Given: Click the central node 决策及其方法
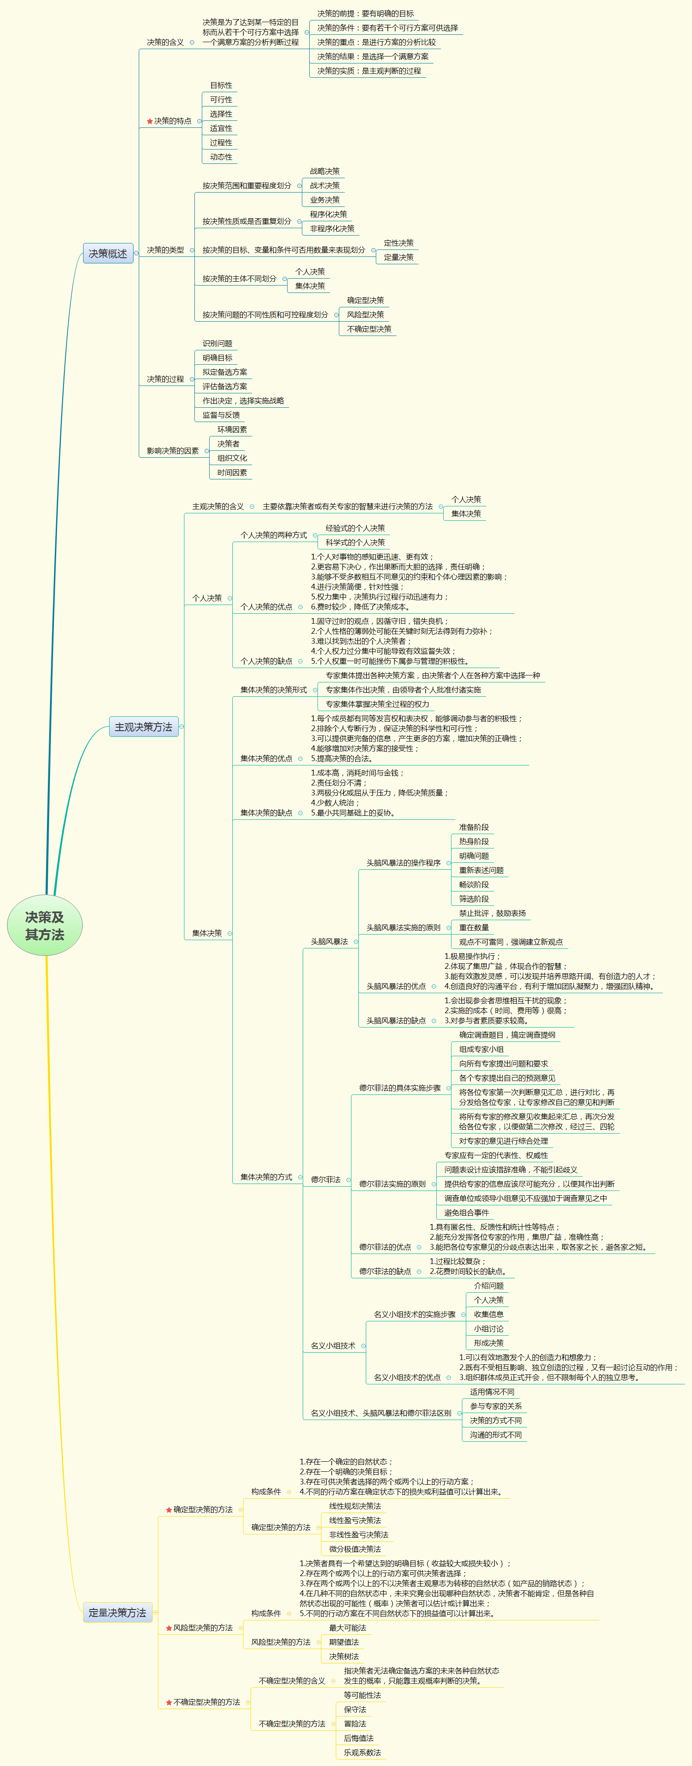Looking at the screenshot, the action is pyautogui.click(x=44, y=925).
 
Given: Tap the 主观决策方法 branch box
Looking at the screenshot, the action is pyautogui.click(x=144, y=727).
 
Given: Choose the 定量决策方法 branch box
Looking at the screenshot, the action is pyautogui.click(x=117, y=1613).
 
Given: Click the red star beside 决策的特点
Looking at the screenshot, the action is pyautogui.click(x=150, y=121).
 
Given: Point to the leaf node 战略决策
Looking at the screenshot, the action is pyautogui.click(x=324, y=171).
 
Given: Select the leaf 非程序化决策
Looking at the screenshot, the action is pyautogui.click(x=332, y=228).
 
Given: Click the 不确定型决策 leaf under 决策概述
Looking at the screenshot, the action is pyautogui.click(x=369, y=329).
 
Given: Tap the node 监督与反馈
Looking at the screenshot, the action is pyautogui.click(x=221, y=415).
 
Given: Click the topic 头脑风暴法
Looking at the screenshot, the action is pyautogui.click(x=329, y=941).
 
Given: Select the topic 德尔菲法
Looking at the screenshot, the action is pyautogui.click(x=326, y=1179).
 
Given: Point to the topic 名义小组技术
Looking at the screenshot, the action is pyautogui.click(x=333, y=1345).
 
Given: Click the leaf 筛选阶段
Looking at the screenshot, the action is pyautogui.click(x=474, y=899).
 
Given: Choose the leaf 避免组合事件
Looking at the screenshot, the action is pyautogui.click(x=466, y=1213).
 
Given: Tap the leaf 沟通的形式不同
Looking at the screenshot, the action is pyautogui.click(x=495, y=1435).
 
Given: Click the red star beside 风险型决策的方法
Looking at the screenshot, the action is pyautogui.click(x=169, y=1627).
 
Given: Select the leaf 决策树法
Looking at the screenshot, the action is pyautogui.click(x=344, y=1656).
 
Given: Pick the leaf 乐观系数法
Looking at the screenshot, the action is pyautogui.click(x=362, y=1752).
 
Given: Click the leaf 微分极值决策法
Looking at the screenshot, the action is pyautogui.click(x=354, y=1549).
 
